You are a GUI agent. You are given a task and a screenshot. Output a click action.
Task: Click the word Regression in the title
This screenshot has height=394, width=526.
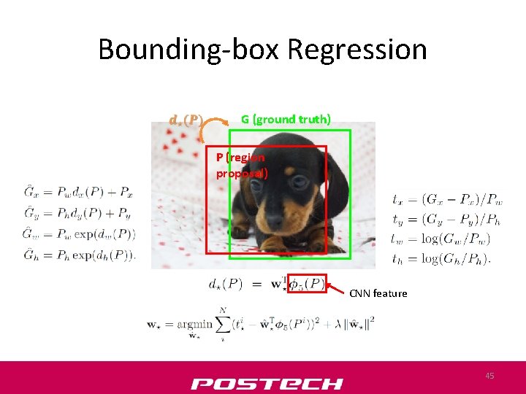pyautogui.click(x=357, y=50)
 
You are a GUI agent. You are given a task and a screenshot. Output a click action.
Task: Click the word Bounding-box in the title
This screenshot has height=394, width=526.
pyautogui.click(x=189, y=50)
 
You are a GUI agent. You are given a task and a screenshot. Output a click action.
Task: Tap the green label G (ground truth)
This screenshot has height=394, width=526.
pyautogui.click(x=286, y=119)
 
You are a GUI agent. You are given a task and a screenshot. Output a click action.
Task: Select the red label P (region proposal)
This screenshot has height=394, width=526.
pyautogui.click(x=242, y=166)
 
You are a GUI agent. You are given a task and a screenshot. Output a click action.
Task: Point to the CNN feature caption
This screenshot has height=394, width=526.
pyautogui.click(x=378, y=293)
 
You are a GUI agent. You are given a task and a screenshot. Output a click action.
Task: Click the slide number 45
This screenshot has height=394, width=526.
pyautogui.click(x=489, y=376)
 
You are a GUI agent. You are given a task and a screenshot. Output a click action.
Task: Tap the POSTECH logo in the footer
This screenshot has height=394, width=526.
pyautogui.click(x=267, y=383)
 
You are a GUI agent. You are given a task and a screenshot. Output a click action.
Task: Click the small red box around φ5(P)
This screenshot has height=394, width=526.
pyautogui.click(x=307, y=284)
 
